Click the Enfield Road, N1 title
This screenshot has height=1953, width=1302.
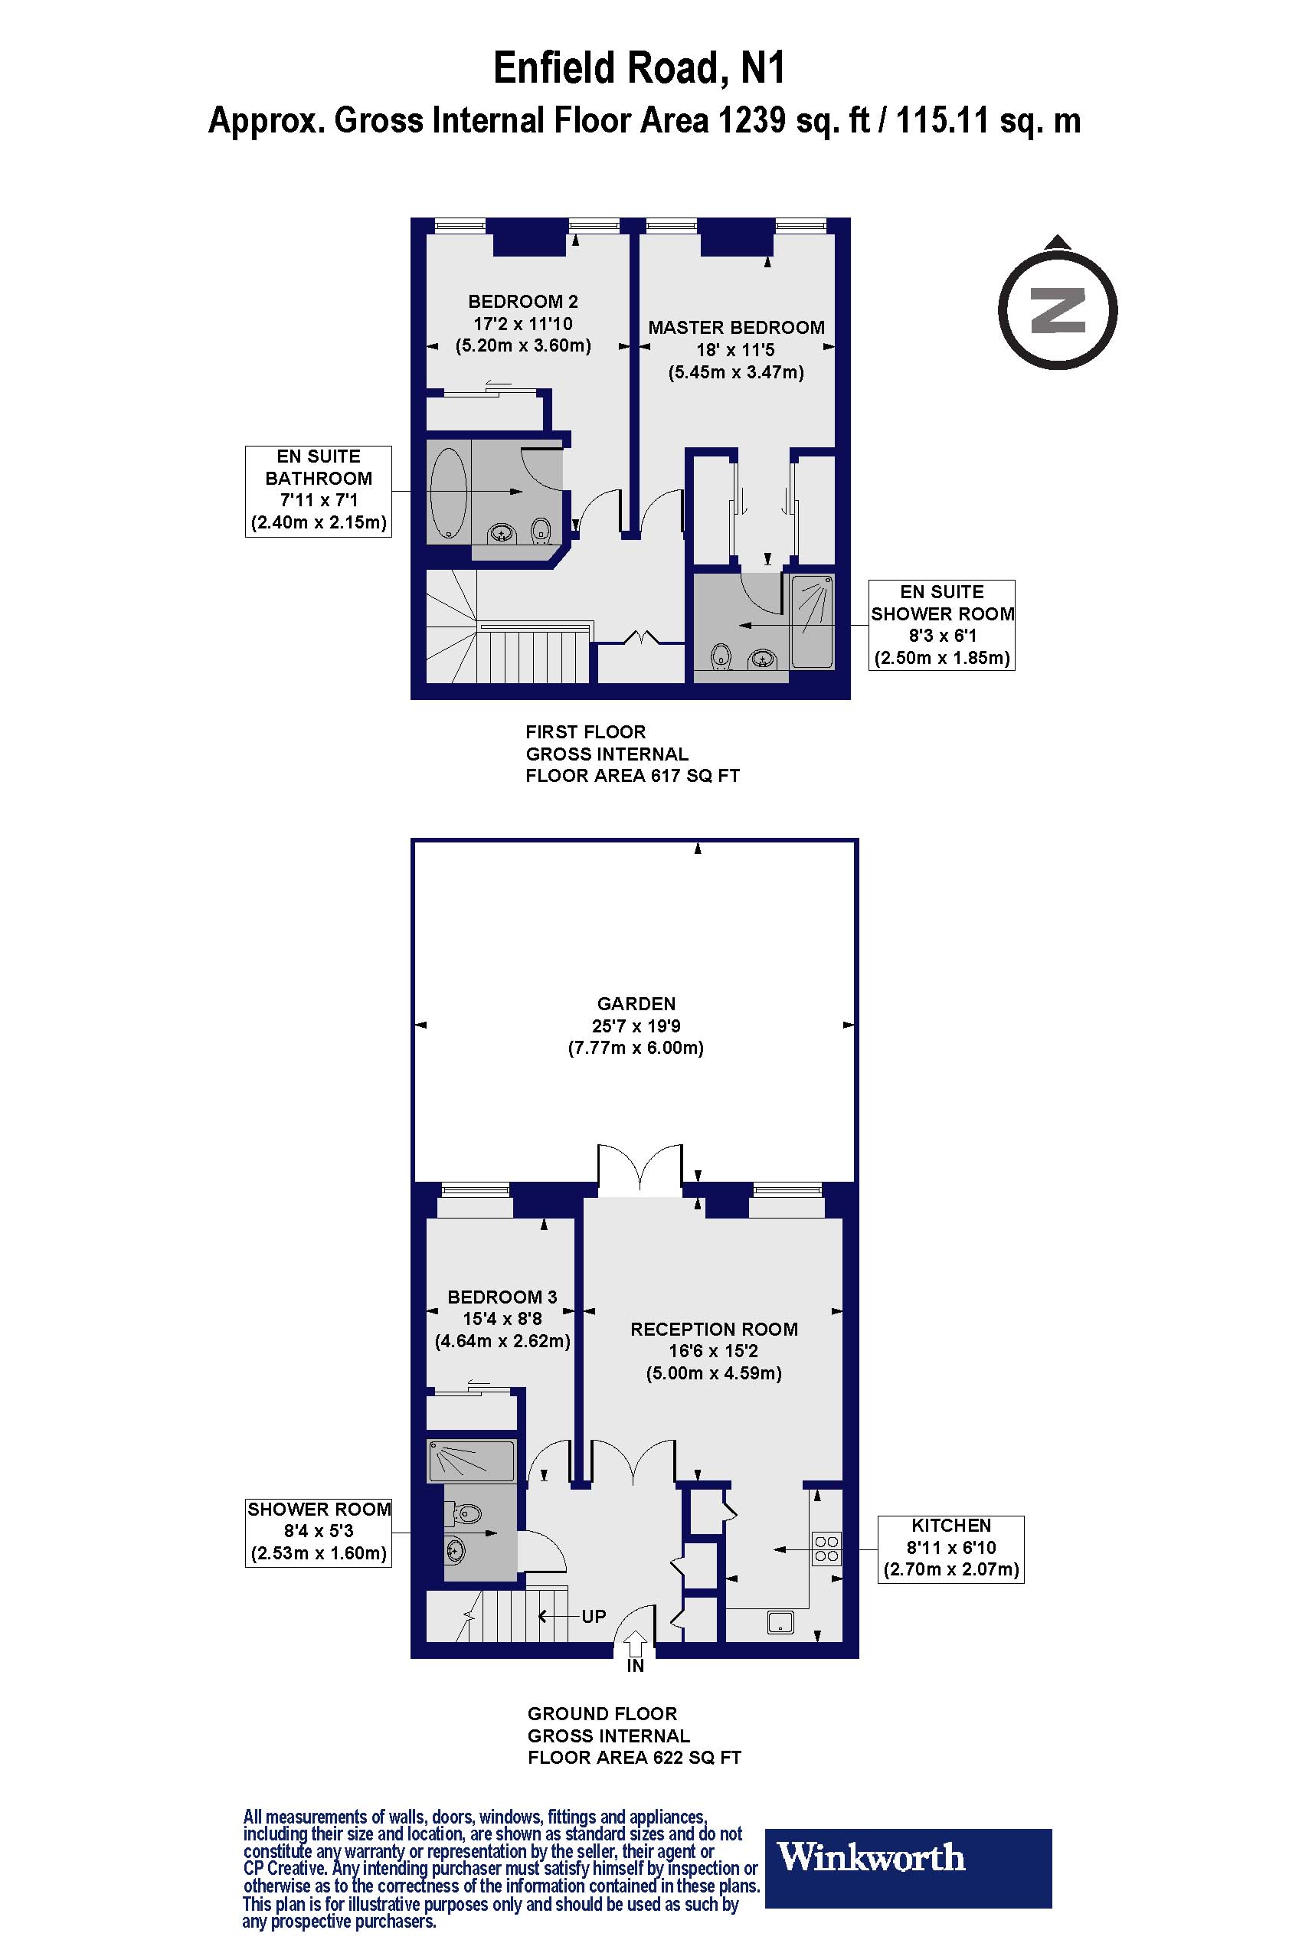pyautogui.click(x=639, y=69)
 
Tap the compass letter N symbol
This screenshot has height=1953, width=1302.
pyautogui.click(x=1057, y=309)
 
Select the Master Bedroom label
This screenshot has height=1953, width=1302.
pyautogui.click(x=736, y=327)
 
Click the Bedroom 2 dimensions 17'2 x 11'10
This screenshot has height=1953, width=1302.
pyautogui.click(x=522, y=324)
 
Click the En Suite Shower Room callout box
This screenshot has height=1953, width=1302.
pyautogui.click(x=941, y=625)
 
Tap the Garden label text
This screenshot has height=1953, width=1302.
pyautogui.click(x=636, y=1003)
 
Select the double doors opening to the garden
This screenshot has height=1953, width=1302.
pyautogui.click(x=640, y=1170)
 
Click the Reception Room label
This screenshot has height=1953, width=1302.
pyautogui.click(x=713, y=1329)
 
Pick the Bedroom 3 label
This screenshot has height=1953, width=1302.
pyautogui.click(x=502, y=1296)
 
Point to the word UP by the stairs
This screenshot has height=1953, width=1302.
pyautogui.click(x=593, y=1616)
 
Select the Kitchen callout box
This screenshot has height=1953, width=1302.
pyautogui.click(x=950, y=1549)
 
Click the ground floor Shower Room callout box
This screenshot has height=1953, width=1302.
pyautogui.click(x=318, y=1532)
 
